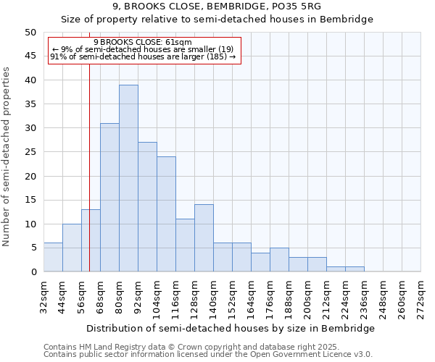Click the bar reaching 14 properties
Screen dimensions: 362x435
(x=204, y=238)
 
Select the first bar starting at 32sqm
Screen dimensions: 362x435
(x=53, y=257)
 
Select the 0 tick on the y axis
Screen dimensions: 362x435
(x=33, y=272)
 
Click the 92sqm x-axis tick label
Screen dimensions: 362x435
(x=138, y=297)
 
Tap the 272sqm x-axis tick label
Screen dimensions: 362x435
(x=420, y=297)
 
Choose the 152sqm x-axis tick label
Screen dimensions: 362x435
(x=232, y=297)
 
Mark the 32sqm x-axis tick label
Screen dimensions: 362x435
(x=43, y=297)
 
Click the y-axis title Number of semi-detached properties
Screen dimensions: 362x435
(x=7, y=156)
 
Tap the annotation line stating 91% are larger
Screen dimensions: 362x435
(x=143, y=56)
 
